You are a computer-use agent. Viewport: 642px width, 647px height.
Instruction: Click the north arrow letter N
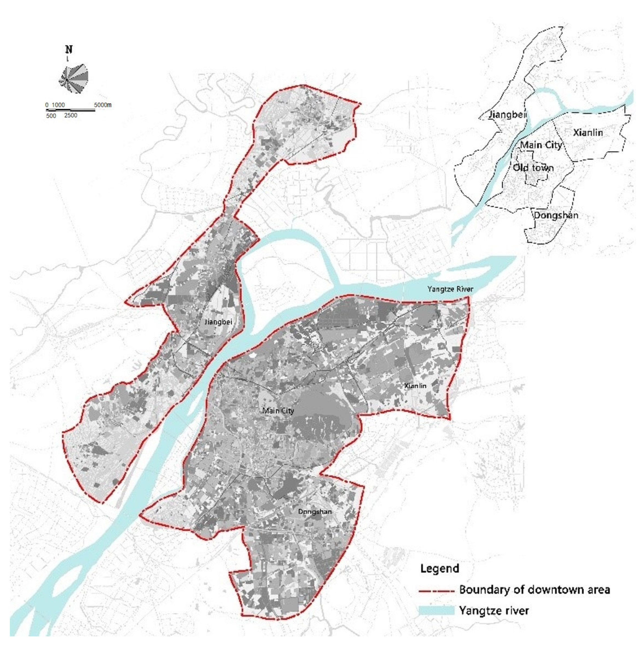(69, 50)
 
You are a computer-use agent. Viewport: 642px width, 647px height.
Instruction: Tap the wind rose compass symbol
(74, 79)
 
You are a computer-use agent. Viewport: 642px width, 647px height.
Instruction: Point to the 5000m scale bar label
(103, 105)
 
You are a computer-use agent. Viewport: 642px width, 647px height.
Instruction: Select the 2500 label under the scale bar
(71, 116)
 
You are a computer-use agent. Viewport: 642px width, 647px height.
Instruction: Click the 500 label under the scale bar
(51, 116)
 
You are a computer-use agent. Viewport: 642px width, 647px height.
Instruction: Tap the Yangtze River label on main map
(450, 289)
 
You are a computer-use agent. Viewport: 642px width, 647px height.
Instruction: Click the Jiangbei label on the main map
(218, 322)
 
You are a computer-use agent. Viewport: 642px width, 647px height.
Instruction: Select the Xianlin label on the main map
(415, 386)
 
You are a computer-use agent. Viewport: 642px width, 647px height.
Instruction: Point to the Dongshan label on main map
(315, 511)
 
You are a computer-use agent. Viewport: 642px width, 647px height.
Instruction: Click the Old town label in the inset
(533, 167)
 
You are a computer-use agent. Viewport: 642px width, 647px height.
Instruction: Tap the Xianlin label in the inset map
(588, 133)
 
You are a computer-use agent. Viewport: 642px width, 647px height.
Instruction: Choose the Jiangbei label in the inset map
(507, 114)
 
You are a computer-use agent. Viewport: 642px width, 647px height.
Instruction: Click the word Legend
(440, 568)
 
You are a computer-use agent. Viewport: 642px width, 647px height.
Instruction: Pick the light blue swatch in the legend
(436, 610)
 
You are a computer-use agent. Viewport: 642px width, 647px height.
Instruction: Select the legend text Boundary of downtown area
(534, 589)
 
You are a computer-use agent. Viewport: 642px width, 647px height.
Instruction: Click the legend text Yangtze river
(494, 610)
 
